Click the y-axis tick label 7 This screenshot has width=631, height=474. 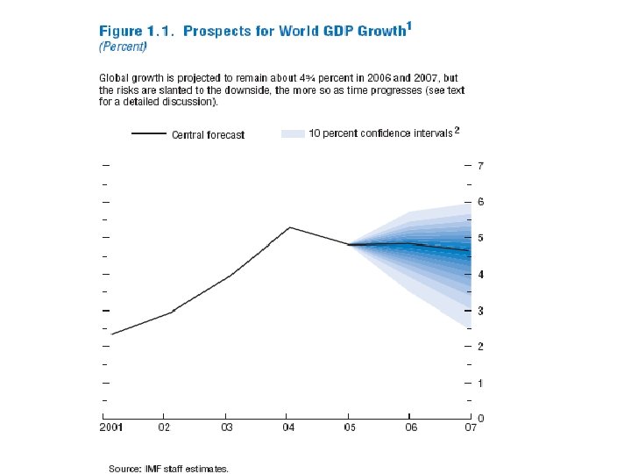[x=481, y=166]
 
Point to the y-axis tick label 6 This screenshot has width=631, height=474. [x=481, y=202]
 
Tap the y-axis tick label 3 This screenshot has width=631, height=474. [x=481, y=311]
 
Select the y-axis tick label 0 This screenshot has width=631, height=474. [x=481, y=419]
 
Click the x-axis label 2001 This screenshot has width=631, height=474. [x=110, y=428]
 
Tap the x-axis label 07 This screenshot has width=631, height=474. [x=471, y=428]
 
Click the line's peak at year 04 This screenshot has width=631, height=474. [x=288, y=227]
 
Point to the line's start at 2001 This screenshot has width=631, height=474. [x=112, y=334]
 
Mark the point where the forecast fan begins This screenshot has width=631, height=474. [x=349, y=245]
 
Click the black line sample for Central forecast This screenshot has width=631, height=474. [x=148, y=134]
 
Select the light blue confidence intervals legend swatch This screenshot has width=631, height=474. [x=293, y=133]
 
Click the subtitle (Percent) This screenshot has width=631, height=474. [x=122, y=47]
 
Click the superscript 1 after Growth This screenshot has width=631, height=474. [x=410, y=27]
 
